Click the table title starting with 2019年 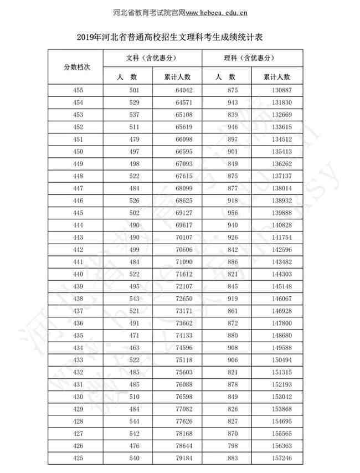[179, 38]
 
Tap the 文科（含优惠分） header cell [152, 58]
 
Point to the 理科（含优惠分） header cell [252, 58]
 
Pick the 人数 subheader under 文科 [127, 76]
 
